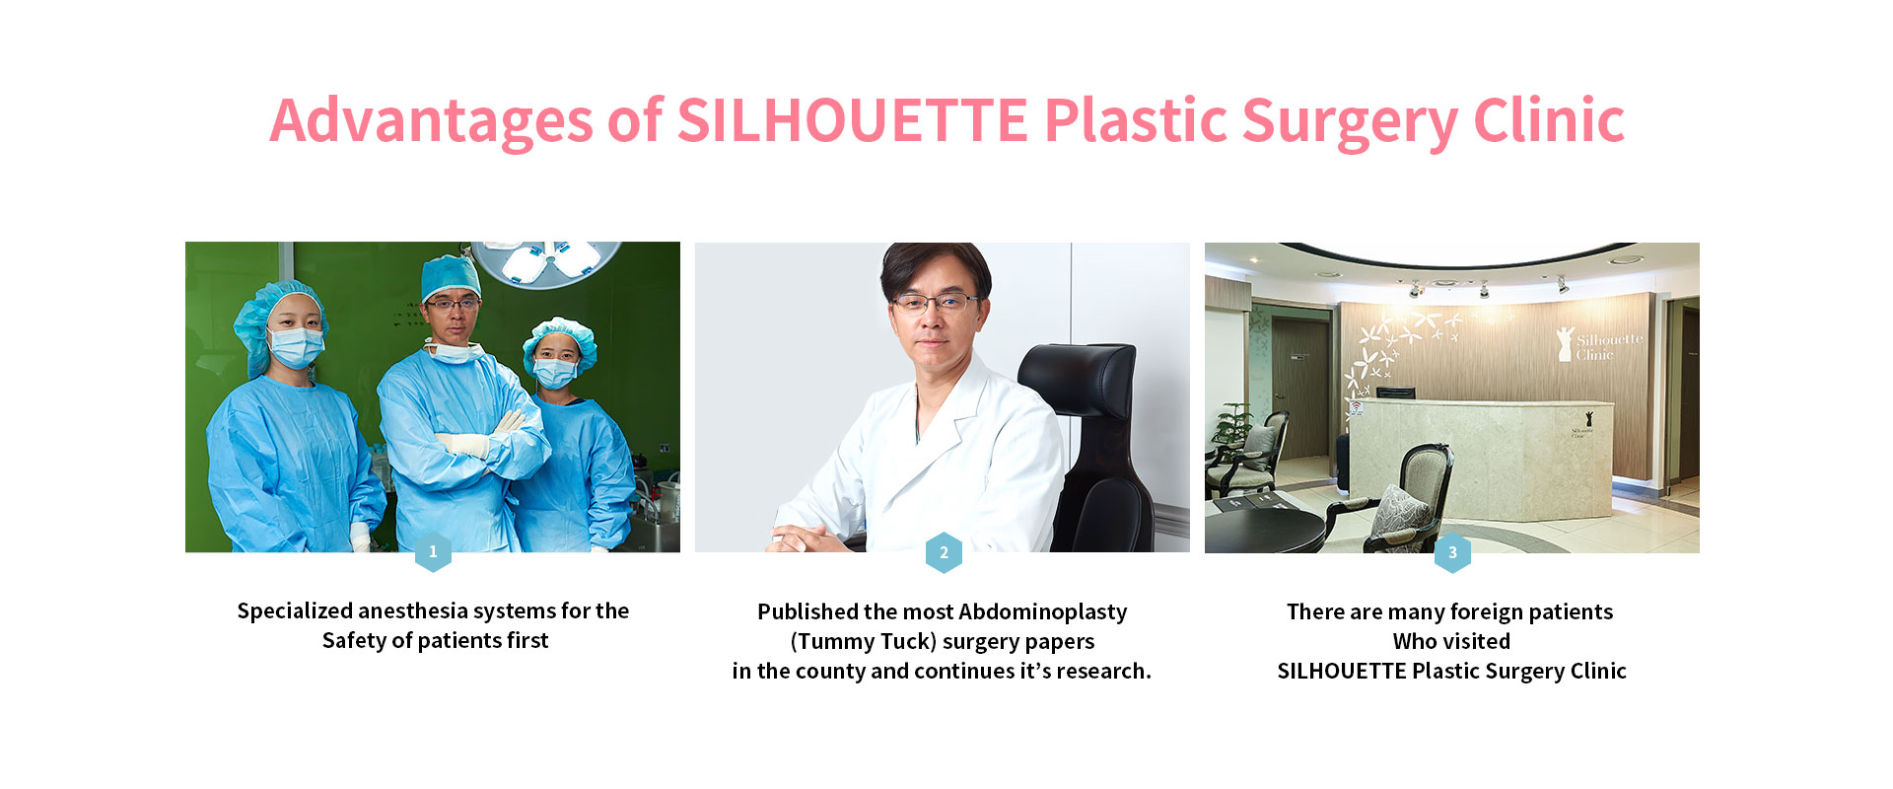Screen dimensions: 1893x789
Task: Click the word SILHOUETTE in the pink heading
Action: tap(853, 120)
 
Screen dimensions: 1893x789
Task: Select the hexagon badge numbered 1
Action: tap(433, 552)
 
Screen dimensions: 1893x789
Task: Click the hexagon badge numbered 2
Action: tap(944, 552)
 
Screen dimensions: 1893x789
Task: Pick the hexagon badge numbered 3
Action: tap(1452, 552)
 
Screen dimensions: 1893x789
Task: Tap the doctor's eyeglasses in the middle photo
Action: tap(935, 303)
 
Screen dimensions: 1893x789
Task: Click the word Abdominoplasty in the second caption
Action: tap(1042, 612)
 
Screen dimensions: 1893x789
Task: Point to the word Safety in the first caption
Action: tap(355, 641)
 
